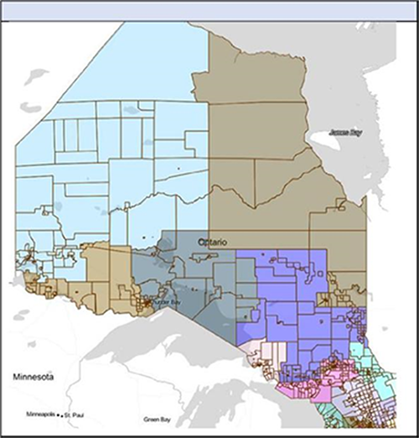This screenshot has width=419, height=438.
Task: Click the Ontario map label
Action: click(x=211, y=242)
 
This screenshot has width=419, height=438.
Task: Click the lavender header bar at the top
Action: click(x=209, y=11)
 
